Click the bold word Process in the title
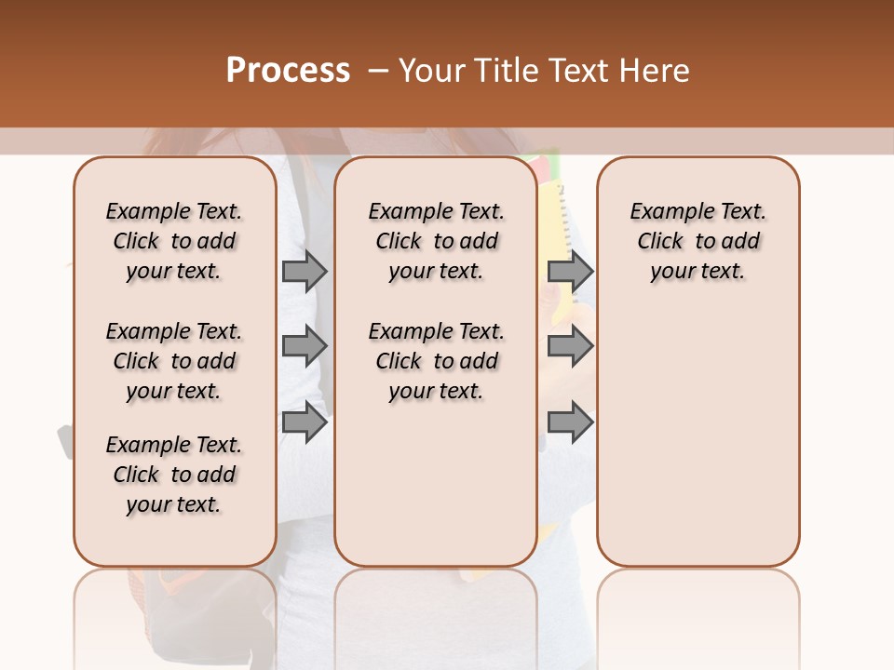(x=288, y=71)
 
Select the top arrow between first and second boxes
(x=305, y=271)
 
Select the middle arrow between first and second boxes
(x=305, y=346)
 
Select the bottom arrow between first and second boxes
(x=305, y=422)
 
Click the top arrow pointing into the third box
(x=570, y=271)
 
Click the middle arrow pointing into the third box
(x=570, y=346)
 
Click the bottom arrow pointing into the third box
(x=570, y=422)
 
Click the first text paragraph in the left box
(x=174, y=241)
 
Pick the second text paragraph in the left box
(x=174, y=361)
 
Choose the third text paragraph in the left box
(x=174, y=475)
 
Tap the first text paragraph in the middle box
(x=436, y=241)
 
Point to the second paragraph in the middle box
(x=436, y=361)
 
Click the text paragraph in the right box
(x=698, y=241)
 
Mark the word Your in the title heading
(x=431, y=71)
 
